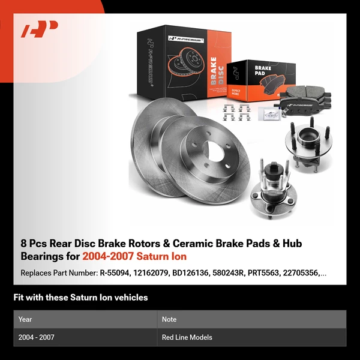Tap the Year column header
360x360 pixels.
pos(25,319)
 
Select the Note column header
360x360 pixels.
pos(169,319)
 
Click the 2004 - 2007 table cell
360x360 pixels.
pos(37,337)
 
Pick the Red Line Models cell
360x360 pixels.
pos(187,337)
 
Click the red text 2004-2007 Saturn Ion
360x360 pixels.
pos(134,256)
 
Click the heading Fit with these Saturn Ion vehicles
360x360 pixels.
pos(80,298)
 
